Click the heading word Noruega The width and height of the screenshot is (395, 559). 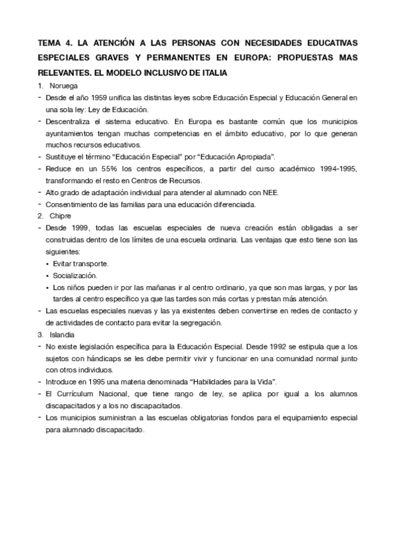pyautogui.click(x=63, y=86)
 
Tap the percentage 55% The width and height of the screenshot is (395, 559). pyautogui.click(x=97, y=169)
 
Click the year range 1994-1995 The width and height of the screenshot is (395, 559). pyautogui.click(x=334, y=169)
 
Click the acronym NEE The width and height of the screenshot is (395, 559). pyautogui.click(x=271, y=192)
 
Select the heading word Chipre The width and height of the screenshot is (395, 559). pyautogui.click(x=60, y=216)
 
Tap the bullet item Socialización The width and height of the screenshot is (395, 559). pyautogui.click(x=75, y=275)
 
